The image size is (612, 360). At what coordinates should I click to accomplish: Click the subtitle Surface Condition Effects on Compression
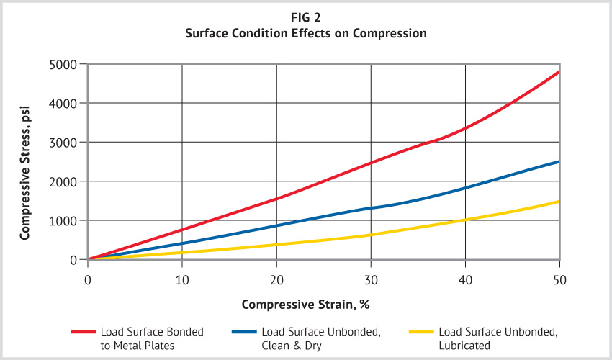tap(306, 32)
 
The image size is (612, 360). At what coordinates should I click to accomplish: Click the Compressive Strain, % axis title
tap(306, 305)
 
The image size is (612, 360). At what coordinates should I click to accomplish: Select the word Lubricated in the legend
tap(464, 345)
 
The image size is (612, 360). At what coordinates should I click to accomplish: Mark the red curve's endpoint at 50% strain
tap(559, 72)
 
